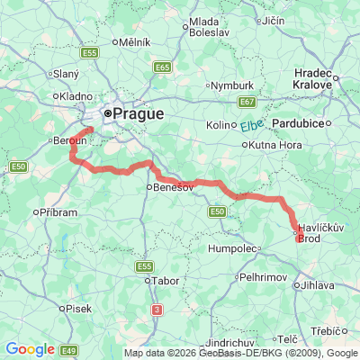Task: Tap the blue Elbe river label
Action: click(x=250, y=127)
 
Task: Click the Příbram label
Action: click(x=59, y=211)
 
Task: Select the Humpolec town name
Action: click(x=232, y=247)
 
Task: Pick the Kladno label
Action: click(x=72, y=95)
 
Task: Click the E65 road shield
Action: click(x=162, y=67)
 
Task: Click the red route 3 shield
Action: click(x=157, y=310)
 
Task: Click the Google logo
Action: click(x=29, y=348)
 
